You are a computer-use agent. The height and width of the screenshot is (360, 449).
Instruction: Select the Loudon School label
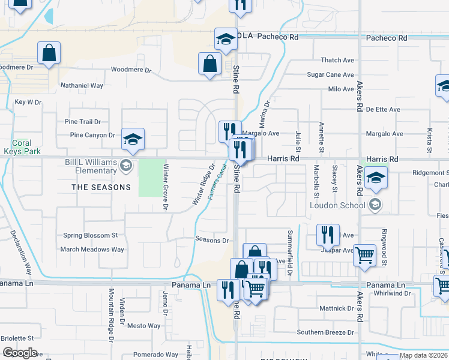[x=337, y=205]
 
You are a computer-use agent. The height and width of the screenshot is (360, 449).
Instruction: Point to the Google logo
[x=19, y=353]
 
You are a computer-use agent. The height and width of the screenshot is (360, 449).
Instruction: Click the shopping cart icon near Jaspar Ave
[x=364, y=254]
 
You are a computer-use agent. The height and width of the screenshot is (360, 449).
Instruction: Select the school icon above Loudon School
[x=376, y=178]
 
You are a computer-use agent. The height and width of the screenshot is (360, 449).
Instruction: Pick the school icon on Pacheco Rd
[x=226, y=39]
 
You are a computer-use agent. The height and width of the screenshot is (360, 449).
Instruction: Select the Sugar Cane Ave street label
[x=330, y=75]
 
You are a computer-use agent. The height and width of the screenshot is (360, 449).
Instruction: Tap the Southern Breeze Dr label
[x=325, y=332]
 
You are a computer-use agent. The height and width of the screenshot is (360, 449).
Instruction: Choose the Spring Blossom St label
[x=90, y=235]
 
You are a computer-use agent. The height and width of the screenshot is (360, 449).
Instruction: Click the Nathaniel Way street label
[x=82, y=86]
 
